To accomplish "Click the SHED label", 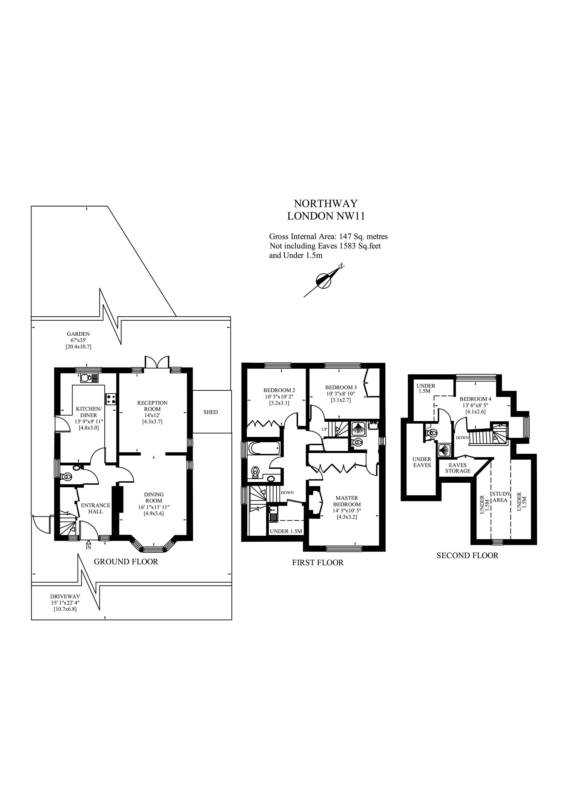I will click(x=210, y=412).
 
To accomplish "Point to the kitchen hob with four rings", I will click(x=112, y=399).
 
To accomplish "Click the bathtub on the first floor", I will click(x=264, y=448).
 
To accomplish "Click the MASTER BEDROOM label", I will click(x=347, y=501).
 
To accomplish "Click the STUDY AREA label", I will click(x=501, y=497).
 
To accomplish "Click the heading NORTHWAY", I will click(x=325, y=204).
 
